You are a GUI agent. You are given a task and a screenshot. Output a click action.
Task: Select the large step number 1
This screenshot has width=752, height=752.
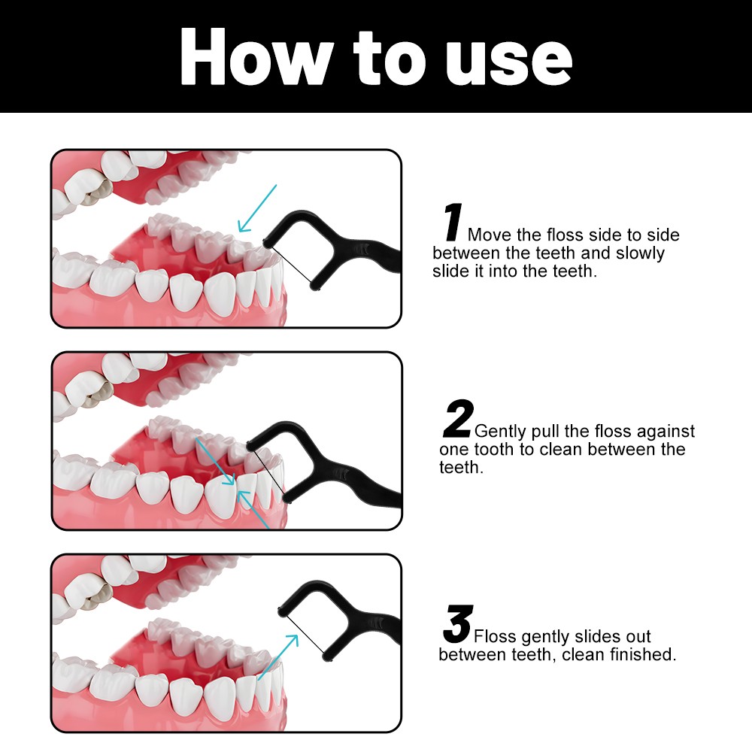(x=453, y=222)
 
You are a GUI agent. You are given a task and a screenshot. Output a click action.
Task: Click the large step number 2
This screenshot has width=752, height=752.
(x=458, y=419)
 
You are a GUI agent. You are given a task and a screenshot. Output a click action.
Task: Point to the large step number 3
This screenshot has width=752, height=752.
(x=458, y=623)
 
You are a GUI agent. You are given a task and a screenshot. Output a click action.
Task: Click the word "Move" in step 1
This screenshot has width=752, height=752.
(x=490, y=235)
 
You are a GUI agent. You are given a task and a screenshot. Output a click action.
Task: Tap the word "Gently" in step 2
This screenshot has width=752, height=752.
(x=500, y=432)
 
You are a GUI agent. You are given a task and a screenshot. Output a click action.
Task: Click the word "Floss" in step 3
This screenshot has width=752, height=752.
(x=496, y=636)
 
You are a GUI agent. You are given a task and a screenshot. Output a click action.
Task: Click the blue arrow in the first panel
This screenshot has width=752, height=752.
(x=257, y=208)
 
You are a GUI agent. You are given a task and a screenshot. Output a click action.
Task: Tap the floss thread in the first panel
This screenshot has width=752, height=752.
(x=293, y=265)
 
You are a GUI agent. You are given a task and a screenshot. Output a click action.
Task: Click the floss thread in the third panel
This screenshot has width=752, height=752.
(x=305, y=634)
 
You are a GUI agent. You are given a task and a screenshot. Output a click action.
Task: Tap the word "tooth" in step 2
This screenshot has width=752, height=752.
(x=495, y=450)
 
